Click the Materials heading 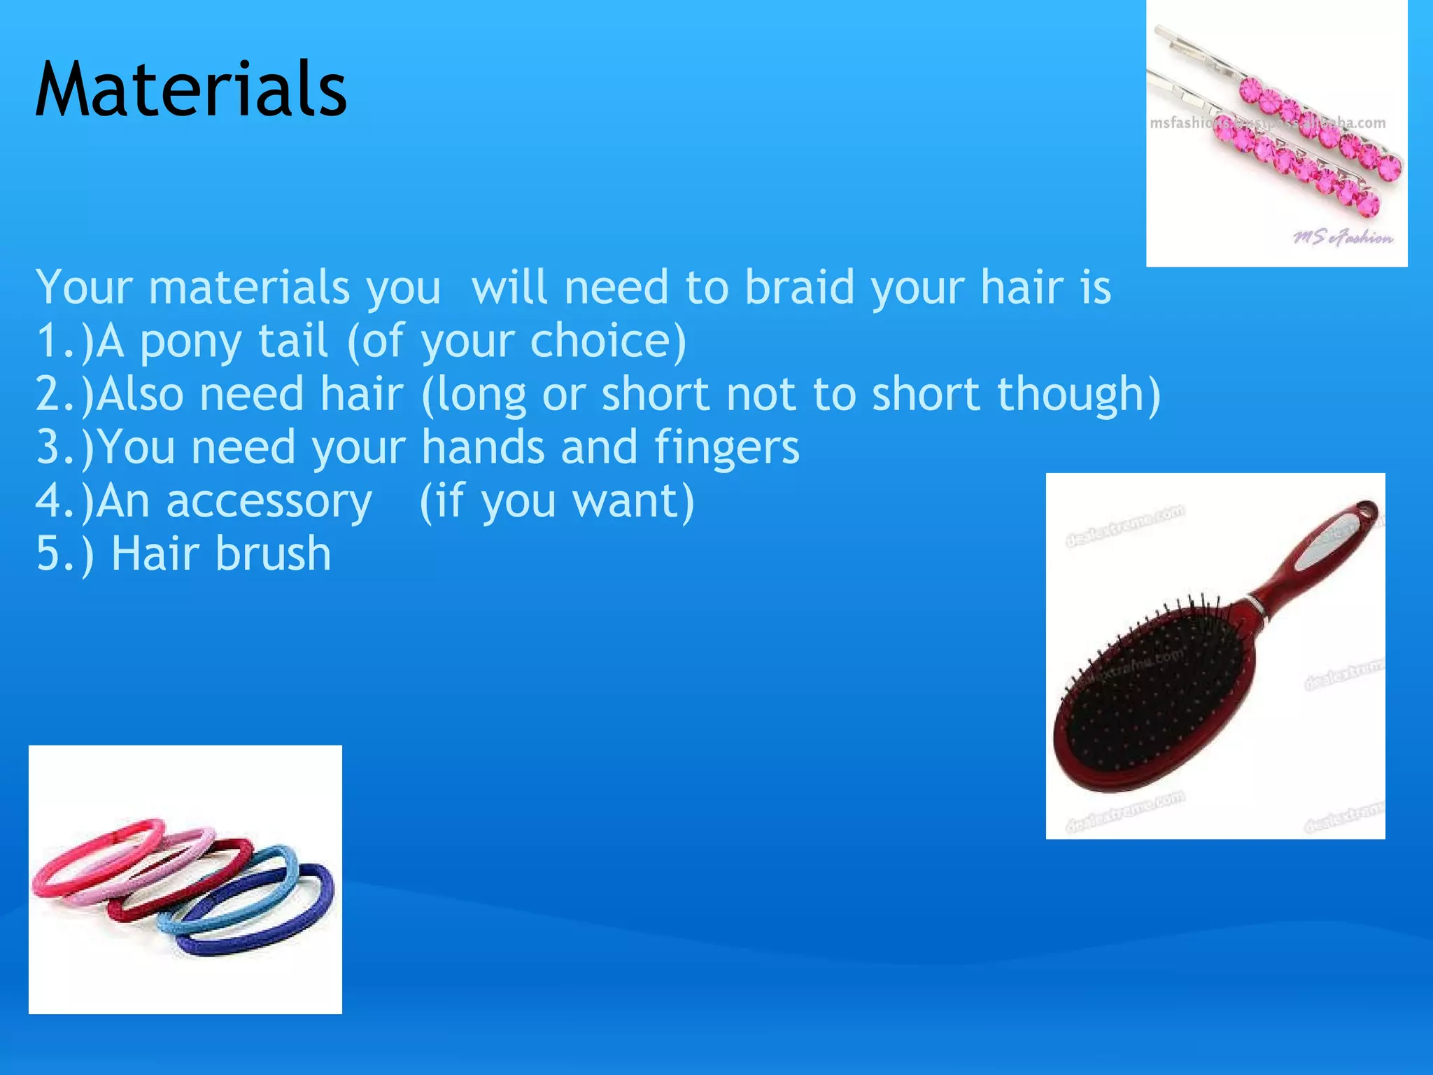(x=190, y=90)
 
